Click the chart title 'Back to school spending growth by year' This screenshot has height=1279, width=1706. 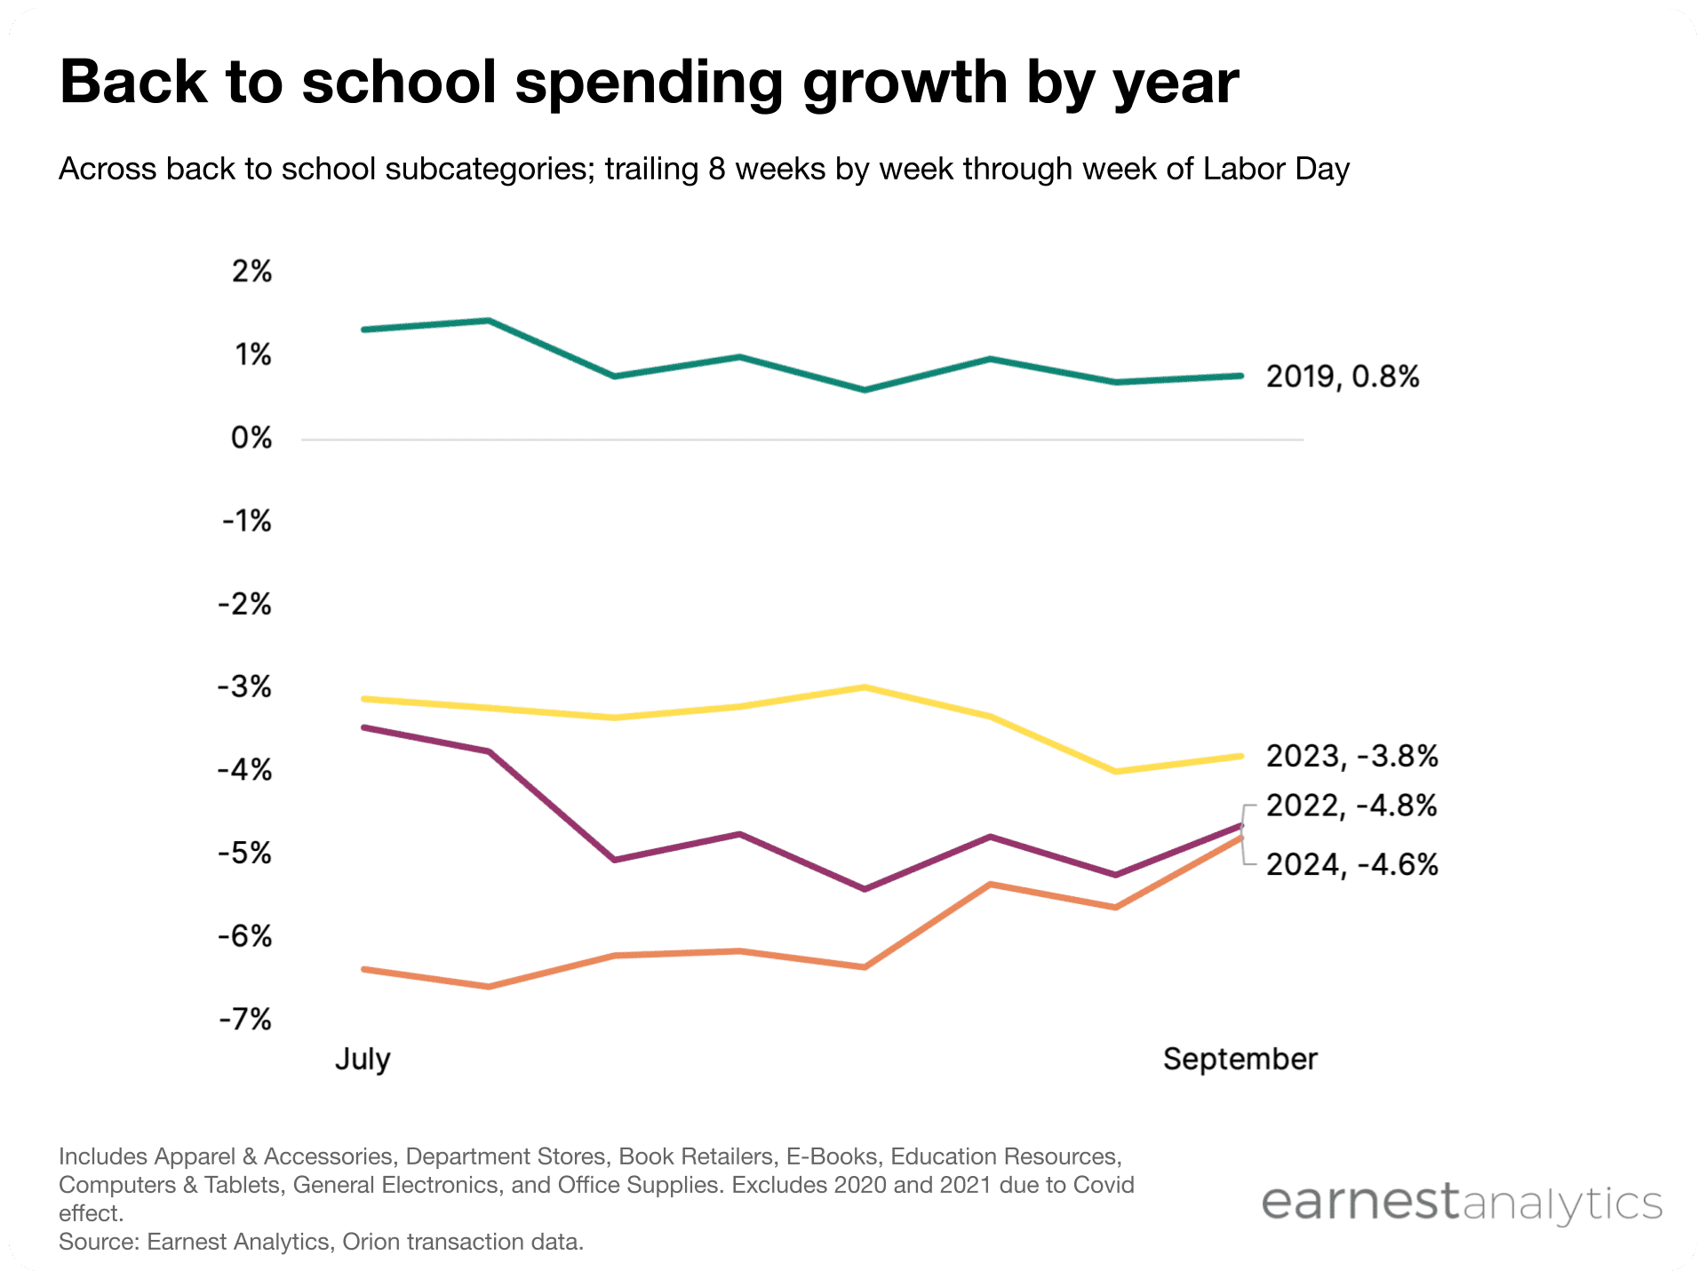pyautogui.click(x=649, y=83)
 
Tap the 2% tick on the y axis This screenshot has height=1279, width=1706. pyautogui.click(x=251, y=271)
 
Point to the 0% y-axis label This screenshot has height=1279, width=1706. pyautogui.click(x=251, y=438)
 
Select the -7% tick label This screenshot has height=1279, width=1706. pyautogui.click(x=246, y=1019)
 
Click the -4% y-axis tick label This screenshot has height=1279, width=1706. pyautogui.click(x=246, y=770)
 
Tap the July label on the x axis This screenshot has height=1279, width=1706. pyautogui.click(x=363, y=1059)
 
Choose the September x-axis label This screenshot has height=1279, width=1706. pyautogui.click(x=1240, y=1059)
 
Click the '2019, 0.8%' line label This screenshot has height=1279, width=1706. pyautogui.click(x=1342, y=377)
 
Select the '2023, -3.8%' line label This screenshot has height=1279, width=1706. pyautogui.click(x=1351, y=756)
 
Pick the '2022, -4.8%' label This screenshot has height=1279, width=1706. pyautogui.click(x=1351, y=806)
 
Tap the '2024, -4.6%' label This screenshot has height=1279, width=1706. pyautogui.click(x=1351, y=864)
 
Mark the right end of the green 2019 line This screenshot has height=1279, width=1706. pyautogui.click(x=1240, y=376)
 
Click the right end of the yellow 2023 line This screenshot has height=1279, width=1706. pyautogui.click(x=1240, y=756)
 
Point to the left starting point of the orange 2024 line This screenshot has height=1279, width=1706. pyautogui.click(x=364, y=969)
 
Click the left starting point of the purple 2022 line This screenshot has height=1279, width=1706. pyautogui.click(x=364, y=727)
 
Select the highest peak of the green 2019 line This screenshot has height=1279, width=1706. pyautogui.click(x=489, y=321)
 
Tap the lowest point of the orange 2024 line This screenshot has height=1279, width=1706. pyautogui.click(x=489, y=987)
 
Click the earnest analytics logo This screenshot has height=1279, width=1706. pyautogui.click(x=1461, y=1203)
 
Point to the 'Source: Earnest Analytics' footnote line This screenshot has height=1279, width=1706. pyautogui.click(x=321, y=1242)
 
